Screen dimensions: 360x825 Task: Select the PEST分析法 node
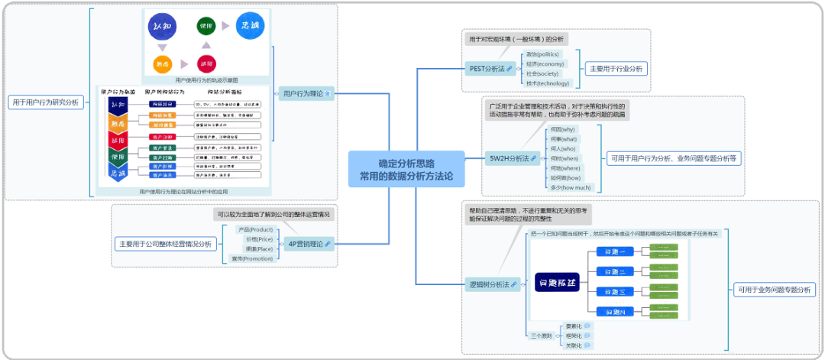coord(489,69)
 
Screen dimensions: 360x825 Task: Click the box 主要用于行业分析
coord(616,68)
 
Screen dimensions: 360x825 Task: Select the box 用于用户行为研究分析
coord(45,102)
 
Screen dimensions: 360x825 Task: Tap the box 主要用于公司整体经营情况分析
coord(166,244)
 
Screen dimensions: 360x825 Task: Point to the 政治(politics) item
coord(543,54)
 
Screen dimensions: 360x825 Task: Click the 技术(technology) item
coord(548,83)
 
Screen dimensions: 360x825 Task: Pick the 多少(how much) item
coord(571,187)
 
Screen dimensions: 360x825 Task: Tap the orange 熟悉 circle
coord(162,63)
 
